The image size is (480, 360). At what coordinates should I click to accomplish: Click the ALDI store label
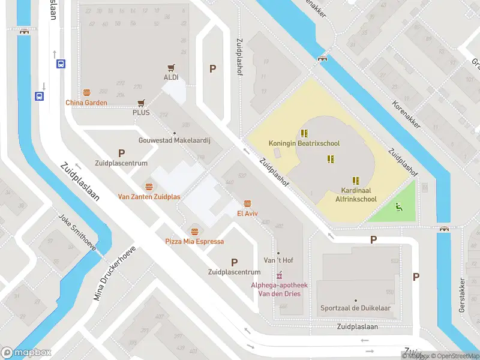point(171,77)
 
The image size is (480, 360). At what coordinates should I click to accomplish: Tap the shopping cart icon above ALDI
point(171,68)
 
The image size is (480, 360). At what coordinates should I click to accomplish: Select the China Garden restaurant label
point(86,103)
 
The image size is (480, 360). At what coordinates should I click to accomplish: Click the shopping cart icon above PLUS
point(141,103)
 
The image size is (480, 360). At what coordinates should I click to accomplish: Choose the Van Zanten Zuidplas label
point(149,197)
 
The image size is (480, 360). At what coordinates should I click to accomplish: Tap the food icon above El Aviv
point(247,203)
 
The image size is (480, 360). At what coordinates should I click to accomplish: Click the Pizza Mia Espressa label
point(194,241)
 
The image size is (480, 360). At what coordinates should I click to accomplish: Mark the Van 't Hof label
point(278,260)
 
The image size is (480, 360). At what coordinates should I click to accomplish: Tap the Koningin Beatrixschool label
point(304,144)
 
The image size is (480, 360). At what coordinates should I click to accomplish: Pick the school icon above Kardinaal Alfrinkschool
point(355,180)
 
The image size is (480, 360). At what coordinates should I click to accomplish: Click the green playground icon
point(398,207)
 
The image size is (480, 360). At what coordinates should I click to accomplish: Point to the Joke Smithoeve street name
point(77,233)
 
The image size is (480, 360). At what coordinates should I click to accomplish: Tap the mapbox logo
point(26,353)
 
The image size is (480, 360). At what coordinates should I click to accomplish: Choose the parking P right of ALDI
point(212,69)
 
